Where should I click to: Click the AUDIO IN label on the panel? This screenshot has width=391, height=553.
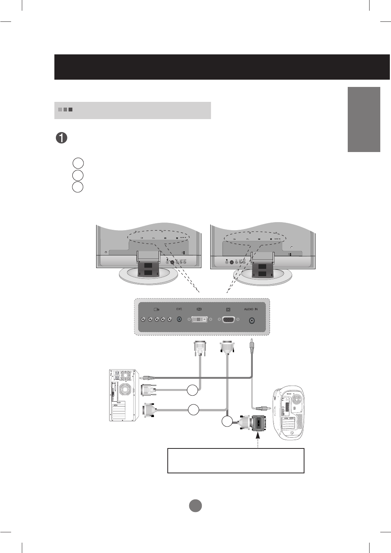(251, 309)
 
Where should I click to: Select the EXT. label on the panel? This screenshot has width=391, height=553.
(179, 309)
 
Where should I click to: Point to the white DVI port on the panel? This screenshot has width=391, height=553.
(200, 319)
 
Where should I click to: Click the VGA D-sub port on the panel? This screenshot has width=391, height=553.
(228, 319)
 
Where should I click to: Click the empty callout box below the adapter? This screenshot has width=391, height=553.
(236, 460)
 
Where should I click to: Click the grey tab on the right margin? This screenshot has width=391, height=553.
(364, 119)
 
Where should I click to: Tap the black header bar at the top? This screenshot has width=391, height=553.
(222, 67)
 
